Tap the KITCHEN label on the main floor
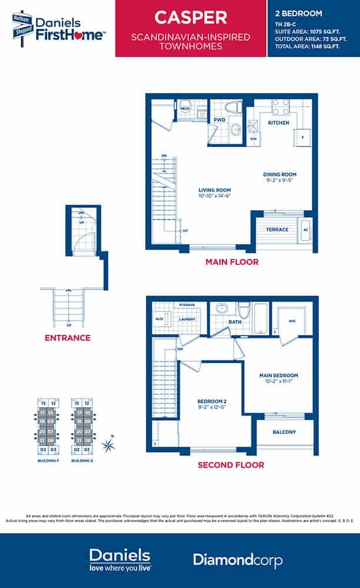point(278,123)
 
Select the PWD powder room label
point(219,120)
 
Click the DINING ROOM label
point(279,175)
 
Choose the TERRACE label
point(277,230)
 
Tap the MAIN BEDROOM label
point(279,376)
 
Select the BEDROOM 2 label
point(212,403)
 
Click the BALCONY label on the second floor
point(284,432)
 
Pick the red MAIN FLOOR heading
point(231,262)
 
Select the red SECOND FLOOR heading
point(231,465)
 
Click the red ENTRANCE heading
point(68,338)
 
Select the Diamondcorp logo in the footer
point(237,560)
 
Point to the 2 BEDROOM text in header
point(298,13)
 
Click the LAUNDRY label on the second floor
point(187,320)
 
